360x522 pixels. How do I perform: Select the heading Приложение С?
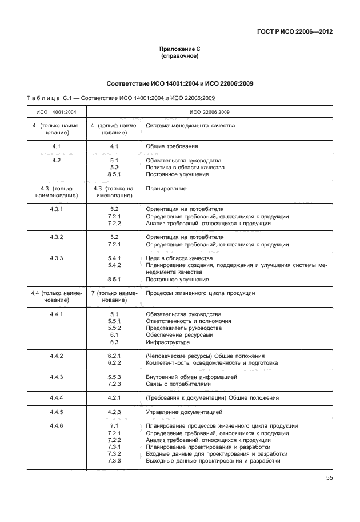[180, 50]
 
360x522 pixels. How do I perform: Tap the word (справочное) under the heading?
[180, 57]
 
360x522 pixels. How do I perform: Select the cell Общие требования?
[172, 146]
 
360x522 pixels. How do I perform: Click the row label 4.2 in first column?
[57, 161]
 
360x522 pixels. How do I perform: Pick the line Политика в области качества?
[185, 168]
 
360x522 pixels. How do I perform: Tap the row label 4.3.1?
[57, 209]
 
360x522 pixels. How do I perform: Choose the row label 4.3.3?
[57, 258]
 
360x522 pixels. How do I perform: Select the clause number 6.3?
[114, 342]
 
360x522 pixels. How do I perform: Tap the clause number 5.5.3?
[114, 377]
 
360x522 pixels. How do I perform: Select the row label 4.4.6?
[57, 427]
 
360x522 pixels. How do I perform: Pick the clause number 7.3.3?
[114, 461]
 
